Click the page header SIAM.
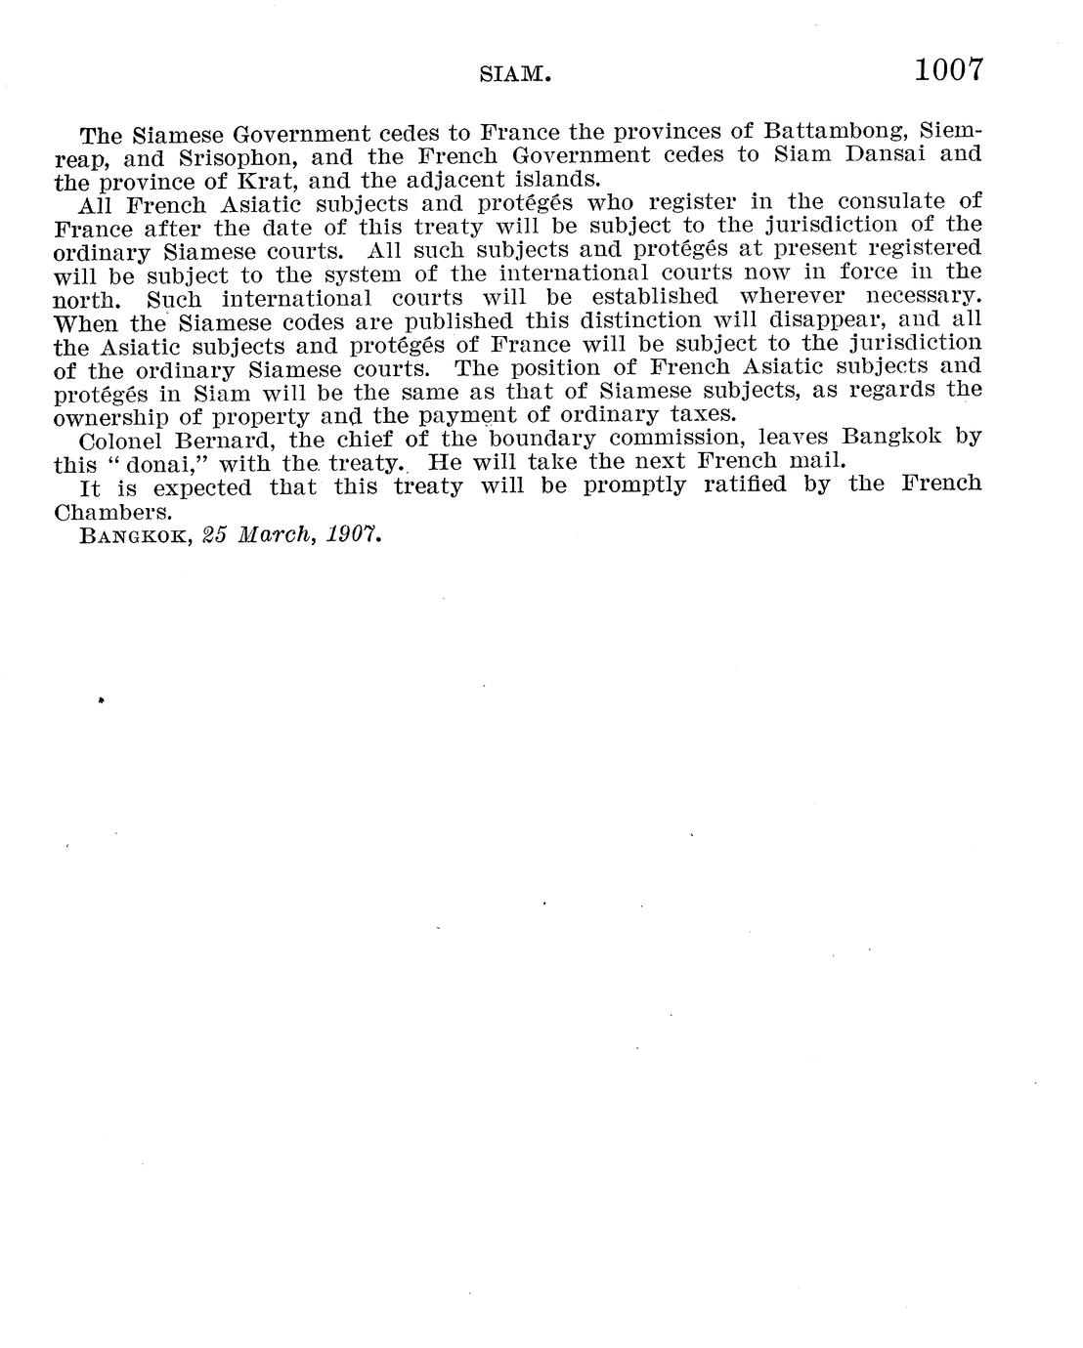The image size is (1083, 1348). pyautogui.click(x=518, y=74)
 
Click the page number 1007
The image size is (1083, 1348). pyautogui.click(x=947, y=70)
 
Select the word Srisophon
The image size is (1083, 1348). pyautogui.click(x=233, y=156)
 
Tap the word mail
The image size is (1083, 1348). pyautogui.click(x=815, y=461)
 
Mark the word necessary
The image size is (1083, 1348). pyautogui.click(x=923, y=296)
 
